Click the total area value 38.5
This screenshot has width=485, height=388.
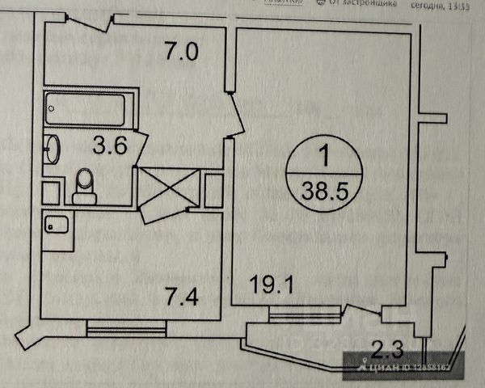coord(322,192)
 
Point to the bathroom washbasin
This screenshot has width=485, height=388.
coord(52,149)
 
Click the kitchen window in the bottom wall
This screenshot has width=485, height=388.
coord(127,327)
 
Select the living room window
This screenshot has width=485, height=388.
coord(294,315)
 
